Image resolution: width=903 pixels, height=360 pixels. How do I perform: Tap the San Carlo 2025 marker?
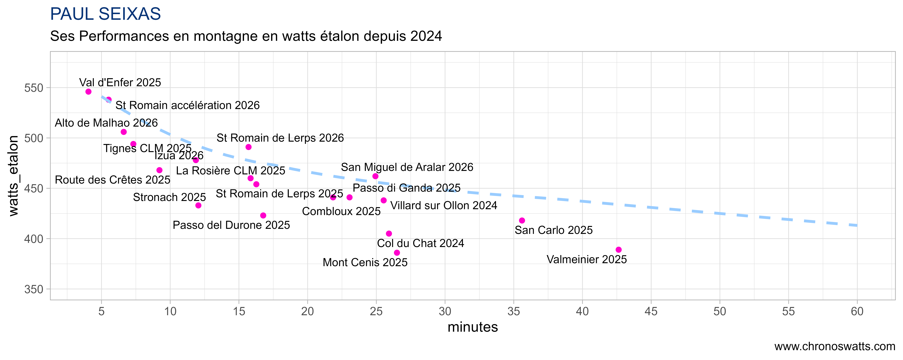(522, 220)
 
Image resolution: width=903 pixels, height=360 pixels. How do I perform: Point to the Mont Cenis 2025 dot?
(397, 253)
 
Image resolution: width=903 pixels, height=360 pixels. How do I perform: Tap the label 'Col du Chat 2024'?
(420, 243)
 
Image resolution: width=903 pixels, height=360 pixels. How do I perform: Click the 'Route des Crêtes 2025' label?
(113, 180)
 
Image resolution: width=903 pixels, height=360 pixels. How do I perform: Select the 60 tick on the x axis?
(857, 311)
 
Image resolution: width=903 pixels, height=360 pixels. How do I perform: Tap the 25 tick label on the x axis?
(376, 311)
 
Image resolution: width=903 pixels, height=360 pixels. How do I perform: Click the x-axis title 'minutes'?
(473, 327)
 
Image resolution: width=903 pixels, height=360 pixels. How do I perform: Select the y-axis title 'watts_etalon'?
(13, 176)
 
